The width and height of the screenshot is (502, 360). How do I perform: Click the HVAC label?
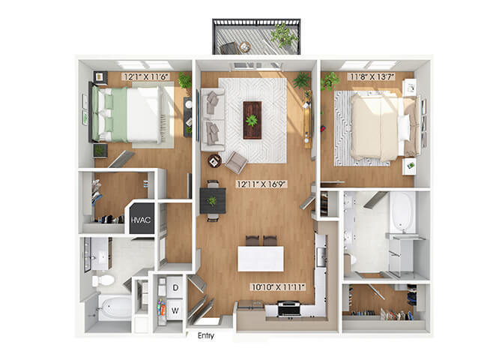[x=141, y=220]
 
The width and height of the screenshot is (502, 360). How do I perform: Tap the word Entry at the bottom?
[x=206, y=336]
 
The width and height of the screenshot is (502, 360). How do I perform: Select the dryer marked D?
[x=175, y=287]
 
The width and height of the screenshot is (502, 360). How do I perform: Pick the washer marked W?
[x=175, y=310]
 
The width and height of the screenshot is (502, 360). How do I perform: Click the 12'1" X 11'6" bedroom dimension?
[x=145, y=76]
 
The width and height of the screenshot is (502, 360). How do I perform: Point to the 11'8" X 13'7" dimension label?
[x=372, y=76]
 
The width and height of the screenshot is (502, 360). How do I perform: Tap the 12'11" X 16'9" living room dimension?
[x=261, y=184]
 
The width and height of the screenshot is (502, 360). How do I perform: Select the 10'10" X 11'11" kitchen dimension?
[x=278, y=287]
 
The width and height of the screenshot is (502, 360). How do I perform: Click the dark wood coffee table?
[x=252, y=120]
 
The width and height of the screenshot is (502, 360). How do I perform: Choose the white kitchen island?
[x=261, y=259]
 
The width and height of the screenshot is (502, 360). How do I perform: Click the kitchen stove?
[x=288, y=308]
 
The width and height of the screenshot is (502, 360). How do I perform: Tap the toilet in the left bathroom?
[x=103, y=280]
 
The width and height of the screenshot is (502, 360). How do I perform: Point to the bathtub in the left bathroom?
[x=115, y=308]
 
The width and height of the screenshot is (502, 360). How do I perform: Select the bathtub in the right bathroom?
[x=402, y=212]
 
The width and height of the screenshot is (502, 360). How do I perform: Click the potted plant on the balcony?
[x=284, y=35]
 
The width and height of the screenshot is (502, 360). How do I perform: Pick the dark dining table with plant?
[x=213, y=201]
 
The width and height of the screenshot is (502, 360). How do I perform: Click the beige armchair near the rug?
[x=236, y=162]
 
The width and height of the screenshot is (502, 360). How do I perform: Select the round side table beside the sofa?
[x=214, y=161]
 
